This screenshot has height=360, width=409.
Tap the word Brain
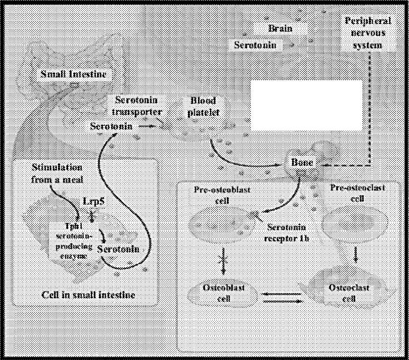point(280,29)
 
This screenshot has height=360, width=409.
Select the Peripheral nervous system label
point(368,33)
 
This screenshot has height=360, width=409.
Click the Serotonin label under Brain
point(256,45)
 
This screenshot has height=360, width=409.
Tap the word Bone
point(302,162)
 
